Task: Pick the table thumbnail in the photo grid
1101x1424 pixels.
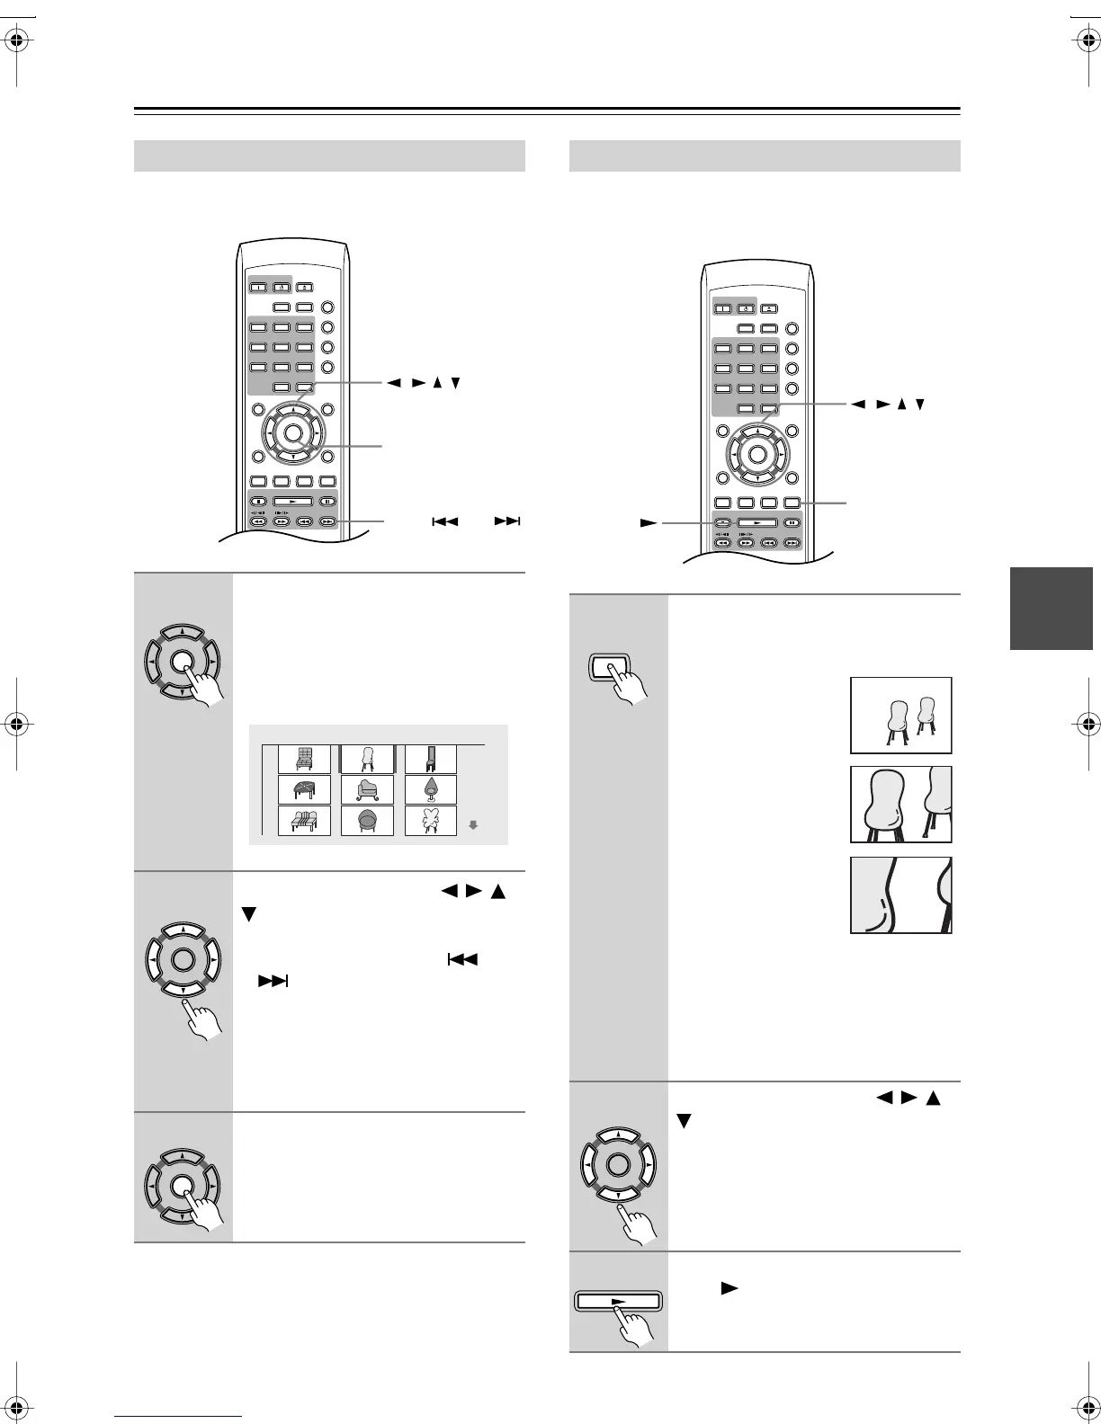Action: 304,790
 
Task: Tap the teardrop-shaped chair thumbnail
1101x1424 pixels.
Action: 431,790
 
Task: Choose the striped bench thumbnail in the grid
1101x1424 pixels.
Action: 304,821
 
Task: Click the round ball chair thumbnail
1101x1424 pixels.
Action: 367,821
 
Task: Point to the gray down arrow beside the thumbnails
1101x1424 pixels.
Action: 473,824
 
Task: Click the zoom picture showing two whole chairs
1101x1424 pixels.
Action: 900,716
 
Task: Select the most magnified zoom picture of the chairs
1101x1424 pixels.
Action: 900,895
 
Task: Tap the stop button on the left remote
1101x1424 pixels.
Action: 257,502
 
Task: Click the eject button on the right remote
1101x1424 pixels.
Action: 769,308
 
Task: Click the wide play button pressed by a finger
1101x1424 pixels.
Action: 618,1301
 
